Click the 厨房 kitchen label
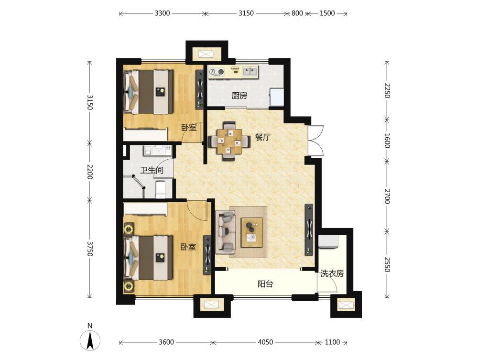[239, 96]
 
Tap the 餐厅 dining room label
[262, 137]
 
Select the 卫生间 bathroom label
[152, 170]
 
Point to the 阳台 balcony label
[265, 284]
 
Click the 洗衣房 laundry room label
[332, 273]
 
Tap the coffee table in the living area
[252, 232]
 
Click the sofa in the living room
[226, 232]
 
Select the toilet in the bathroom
[160, 190]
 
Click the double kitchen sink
[250, 72]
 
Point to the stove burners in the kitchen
[217, 72]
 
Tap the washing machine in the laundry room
[329, 241]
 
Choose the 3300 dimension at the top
[162, 13]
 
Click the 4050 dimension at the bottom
[265, 342]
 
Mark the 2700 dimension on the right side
[387, 196]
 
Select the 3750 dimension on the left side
[90, 249]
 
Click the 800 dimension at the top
[297, 13]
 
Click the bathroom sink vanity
[158, 151]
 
